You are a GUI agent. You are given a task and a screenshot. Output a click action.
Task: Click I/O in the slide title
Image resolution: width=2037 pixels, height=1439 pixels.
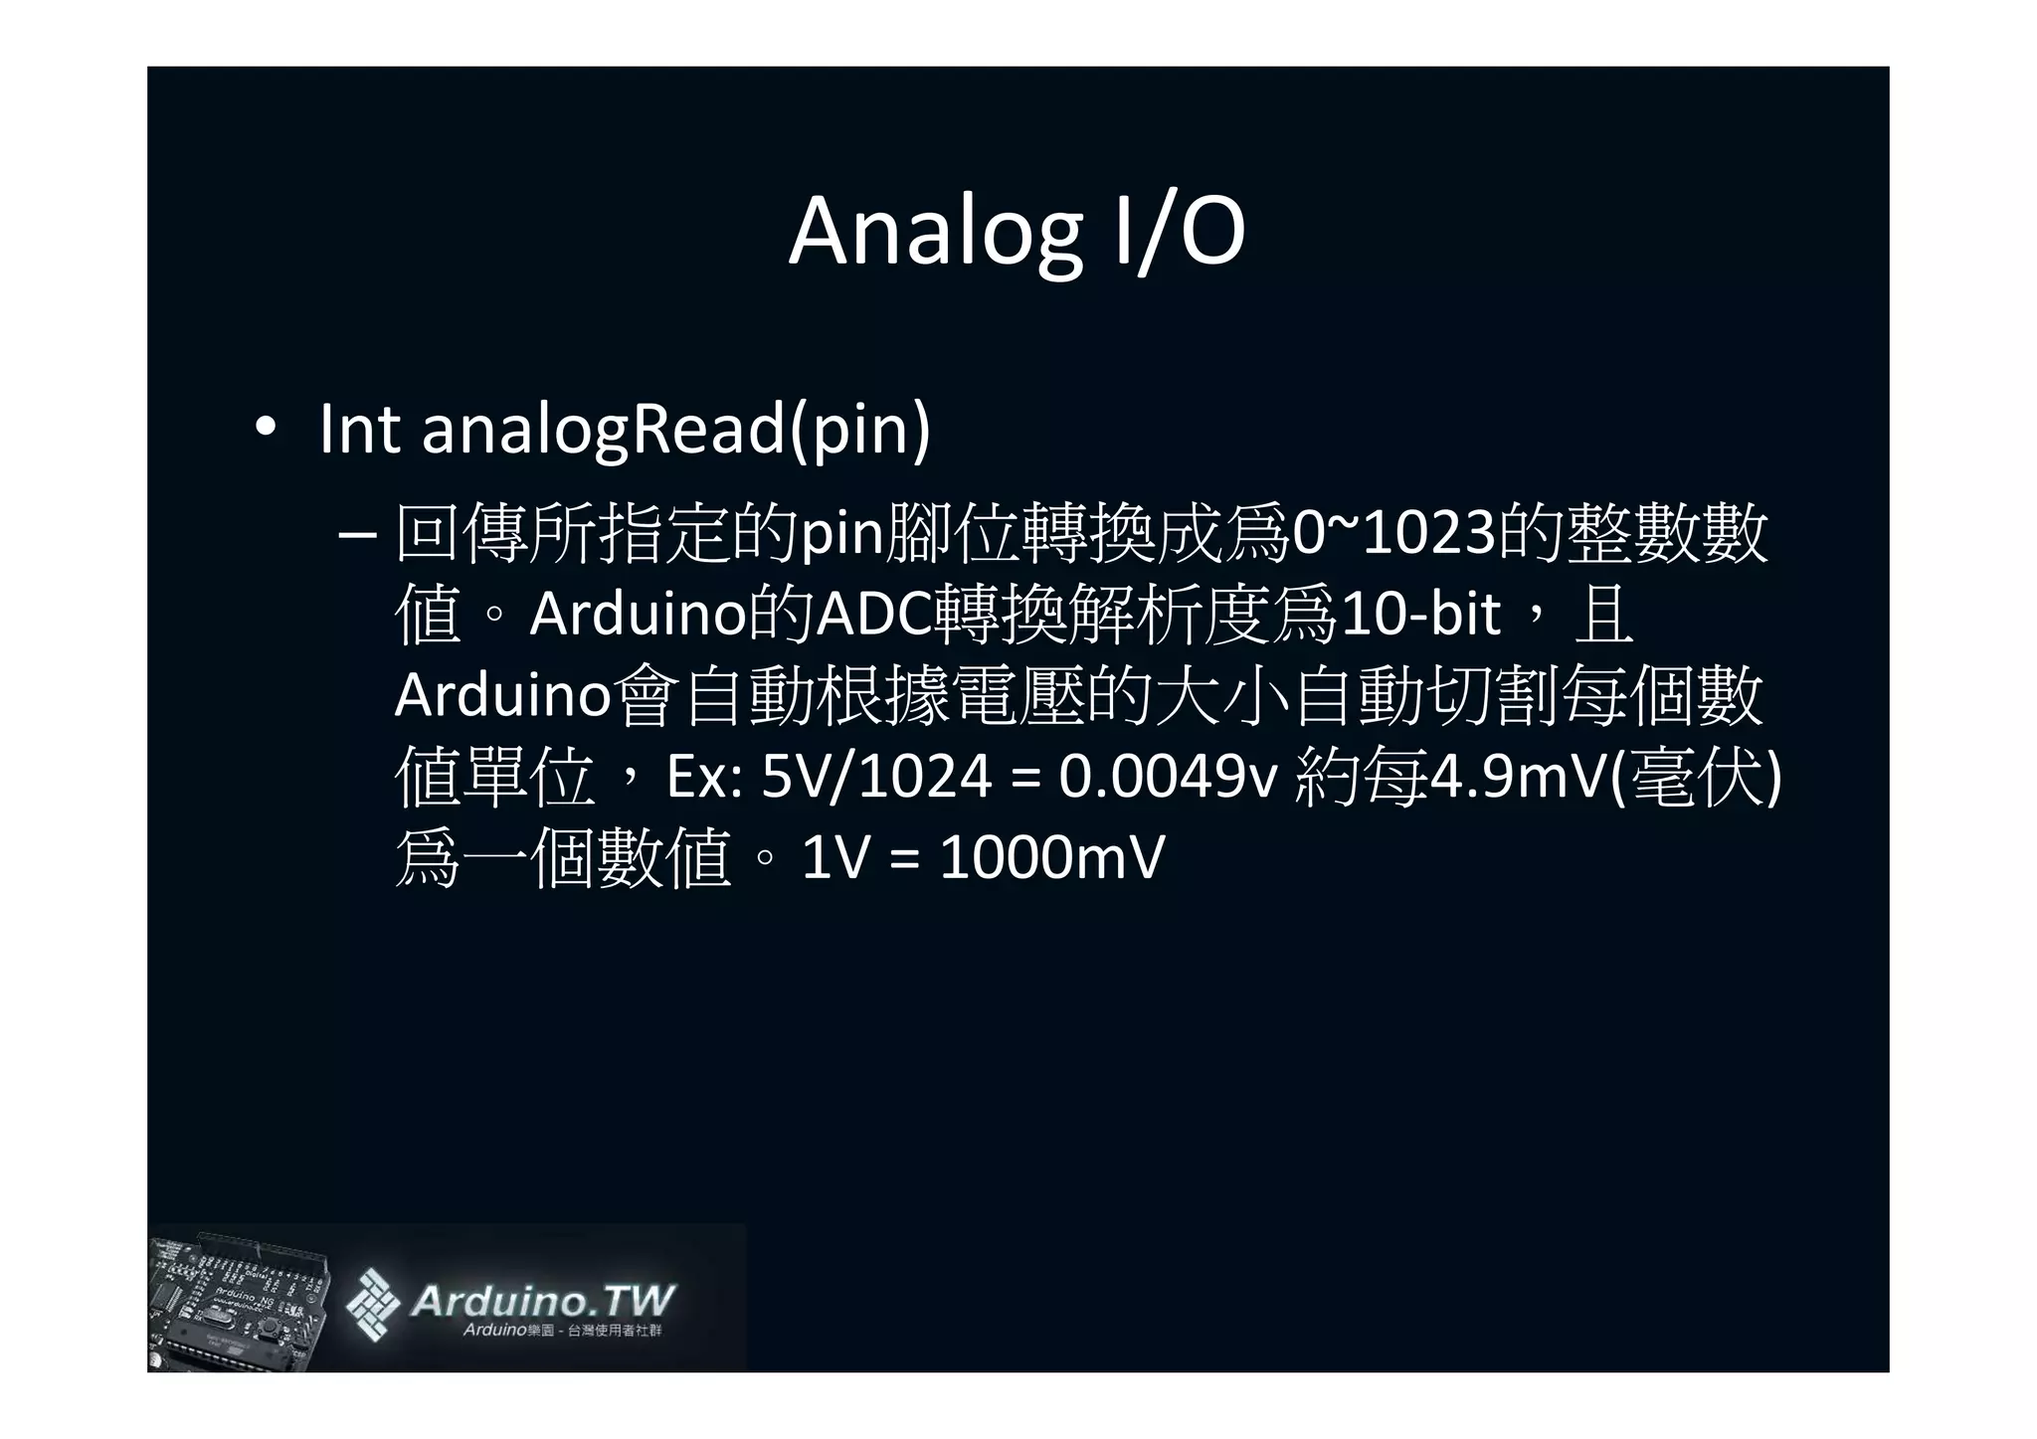(1178, 232)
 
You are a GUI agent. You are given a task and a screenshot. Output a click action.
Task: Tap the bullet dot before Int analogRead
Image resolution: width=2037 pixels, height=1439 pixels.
(264, 429)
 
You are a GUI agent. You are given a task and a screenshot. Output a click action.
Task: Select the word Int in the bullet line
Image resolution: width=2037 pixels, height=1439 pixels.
(359, 429)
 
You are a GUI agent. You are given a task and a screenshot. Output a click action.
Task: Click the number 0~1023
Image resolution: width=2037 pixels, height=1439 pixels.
(1392, 533)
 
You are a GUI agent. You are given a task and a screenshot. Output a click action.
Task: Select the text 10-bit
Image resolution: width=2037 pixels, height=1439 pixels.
(1419, 615)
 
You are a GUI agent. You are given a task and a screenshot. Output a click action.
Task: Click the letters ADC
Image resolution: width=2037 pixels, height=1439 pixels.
(874, 615)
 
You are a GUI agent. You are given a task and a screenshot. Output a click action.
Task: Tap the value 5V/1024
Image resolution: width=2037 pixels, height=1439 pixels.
(875, 777)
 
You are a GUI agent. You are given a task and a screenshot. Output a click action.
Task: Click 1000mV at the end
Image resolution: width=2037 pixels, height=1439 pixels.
(1051, 857)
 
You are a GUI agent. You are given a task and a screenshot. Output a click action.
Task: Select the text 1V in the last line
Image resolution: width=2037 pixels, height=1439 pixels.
(834, 857)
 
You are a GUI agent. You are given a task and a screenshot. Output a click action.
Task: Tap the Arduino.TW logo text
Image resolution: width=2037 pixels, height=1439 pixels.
(542, 1300)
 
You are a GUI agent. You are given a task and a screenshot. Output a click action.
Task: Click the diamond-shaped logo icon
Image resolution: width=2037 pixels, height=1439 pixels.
(372, 1304)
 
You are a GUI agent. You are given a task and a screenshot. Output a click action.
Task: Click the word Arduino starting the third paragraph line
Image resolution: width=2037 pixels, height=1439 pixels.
(501, 695)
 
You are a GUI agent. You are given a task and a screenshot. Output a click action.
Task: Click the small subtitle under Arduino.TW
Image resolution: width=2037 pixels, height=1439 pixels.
(562, 1331)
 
